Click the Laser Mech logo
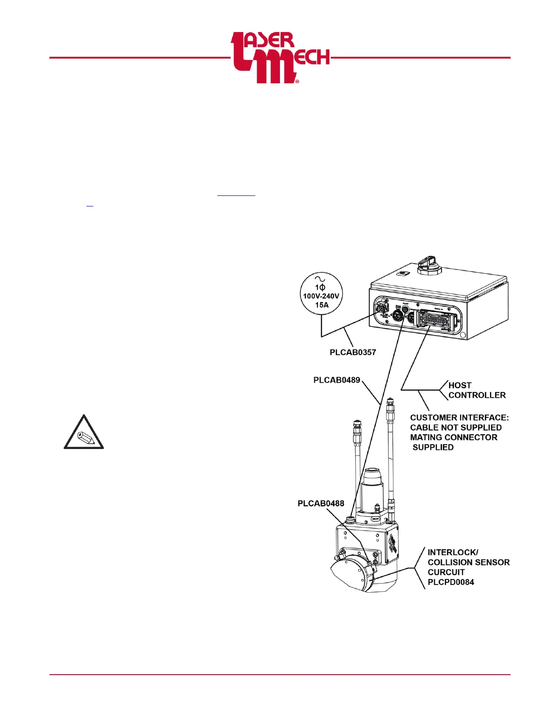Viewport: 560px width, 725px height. pyautogui.click(x=280, y=58)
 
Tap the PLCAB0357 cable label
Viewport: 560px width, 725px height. pyautogui.click(x=353, y=352)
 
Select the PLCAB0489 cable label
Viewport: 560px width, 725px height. pyautogui.click(x=337, y=380)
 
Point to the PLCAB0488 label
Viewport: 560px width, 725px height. pyautogui.click(x=321, y=503)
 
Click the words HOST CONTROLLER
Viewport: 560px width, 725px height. pyautogui.click(x=477, y=390)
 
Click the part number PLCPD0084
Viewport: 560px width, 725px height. pyautogui.click(x=451, y=582)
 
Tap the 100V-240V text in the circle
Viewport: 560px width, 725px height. pyautogui.click(x=321, y=296)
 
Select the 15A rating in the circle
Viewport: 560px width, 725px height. pyautogui.click(x=322, y=305)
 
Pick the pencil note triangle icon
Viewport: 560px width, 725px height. pyautogui.click(x=84, y=433)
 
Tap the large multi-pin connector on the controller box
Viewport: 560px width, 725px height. pyautogui.click(x=434, y=319)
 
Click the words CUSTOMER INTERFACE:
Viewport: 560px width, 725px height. pyautogui.click(x=459, y=417)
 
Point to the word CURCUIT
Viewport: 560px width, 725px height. pyautogui.click(x=446, y=572)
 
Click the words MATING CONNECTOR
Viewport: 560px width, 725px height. pyautogui.click(x=453, y=438)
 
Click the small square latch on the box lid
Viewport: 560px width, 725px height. pyautogui.click(x=402, y=274)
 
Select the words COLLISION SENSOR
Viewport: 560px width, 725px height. pyautogui.click(x=468, y=563)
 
